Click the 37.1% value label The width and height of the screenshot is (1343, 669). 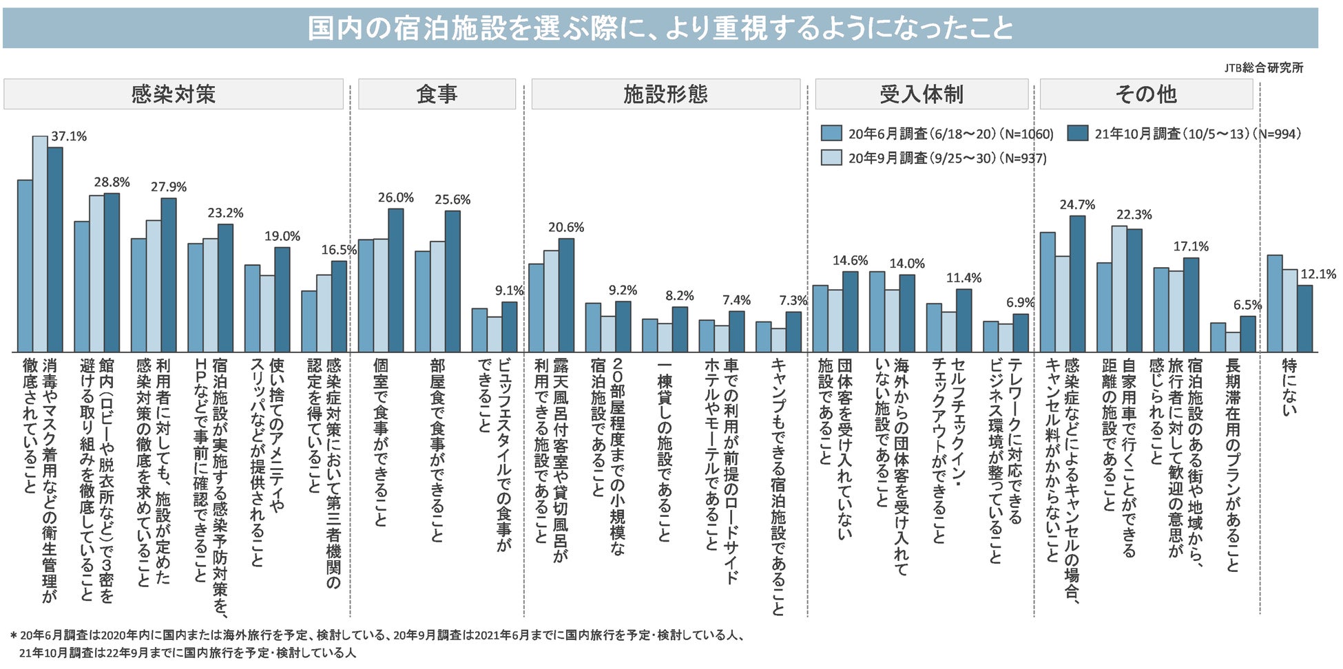click(69, 136)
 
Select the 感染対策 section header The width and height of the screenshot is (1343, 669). click(173, 94)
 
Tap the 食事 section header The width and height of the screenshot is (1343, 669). click(436, 94)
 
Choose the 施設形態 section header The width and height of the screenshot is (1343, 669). click(665, 94)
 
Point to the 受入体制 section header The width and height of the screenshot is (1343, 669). click(921, 94)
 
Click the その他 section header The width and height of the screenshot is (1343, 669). click(1145, 94)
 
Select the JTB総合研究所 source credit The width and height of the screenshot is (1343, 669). click(1263, 67)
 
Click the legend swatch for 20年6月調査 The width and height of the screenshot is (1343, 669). click(831, 134)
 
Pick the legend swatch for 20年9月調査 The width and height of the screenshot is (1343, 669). click(831, 158)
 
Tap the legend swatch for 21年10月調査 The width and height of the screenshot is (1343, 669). click(1078, 134)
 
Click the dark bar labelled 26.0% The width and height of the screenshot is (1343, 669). click(396, 280)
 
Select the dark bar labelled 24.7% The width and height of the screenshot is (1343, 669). click(1077, 284)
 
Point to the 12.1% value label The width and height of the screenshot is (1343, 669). click(1318, 274)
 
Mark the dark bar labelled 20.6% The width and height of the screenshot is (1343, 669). click(566, 295)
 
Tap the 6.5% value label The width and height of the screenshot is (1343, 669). click(1247, 305)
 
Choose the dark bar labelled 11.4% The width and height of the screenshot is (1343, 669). click(964, 321)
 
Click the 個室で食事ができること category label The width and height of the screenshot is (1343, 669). click(380, 441)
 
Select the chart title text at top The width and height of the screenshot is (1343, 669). click(660, 29)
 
